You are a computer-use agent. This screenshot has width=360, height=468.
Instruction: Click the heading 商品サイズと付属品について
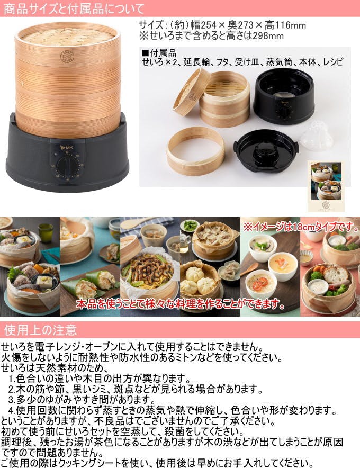[74, 8]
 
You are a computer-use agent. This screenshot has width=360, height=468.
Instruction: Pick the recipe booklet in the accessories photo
[325, 186]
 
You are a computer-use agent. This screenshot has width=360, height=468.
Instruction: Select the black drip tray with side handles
[266, 150]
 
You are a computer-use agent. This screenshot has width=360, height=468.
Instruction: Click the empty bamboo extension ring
[195, 154]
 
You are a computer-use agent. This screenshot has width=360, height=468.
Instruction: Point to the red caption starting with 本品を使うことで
[181, 304]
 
